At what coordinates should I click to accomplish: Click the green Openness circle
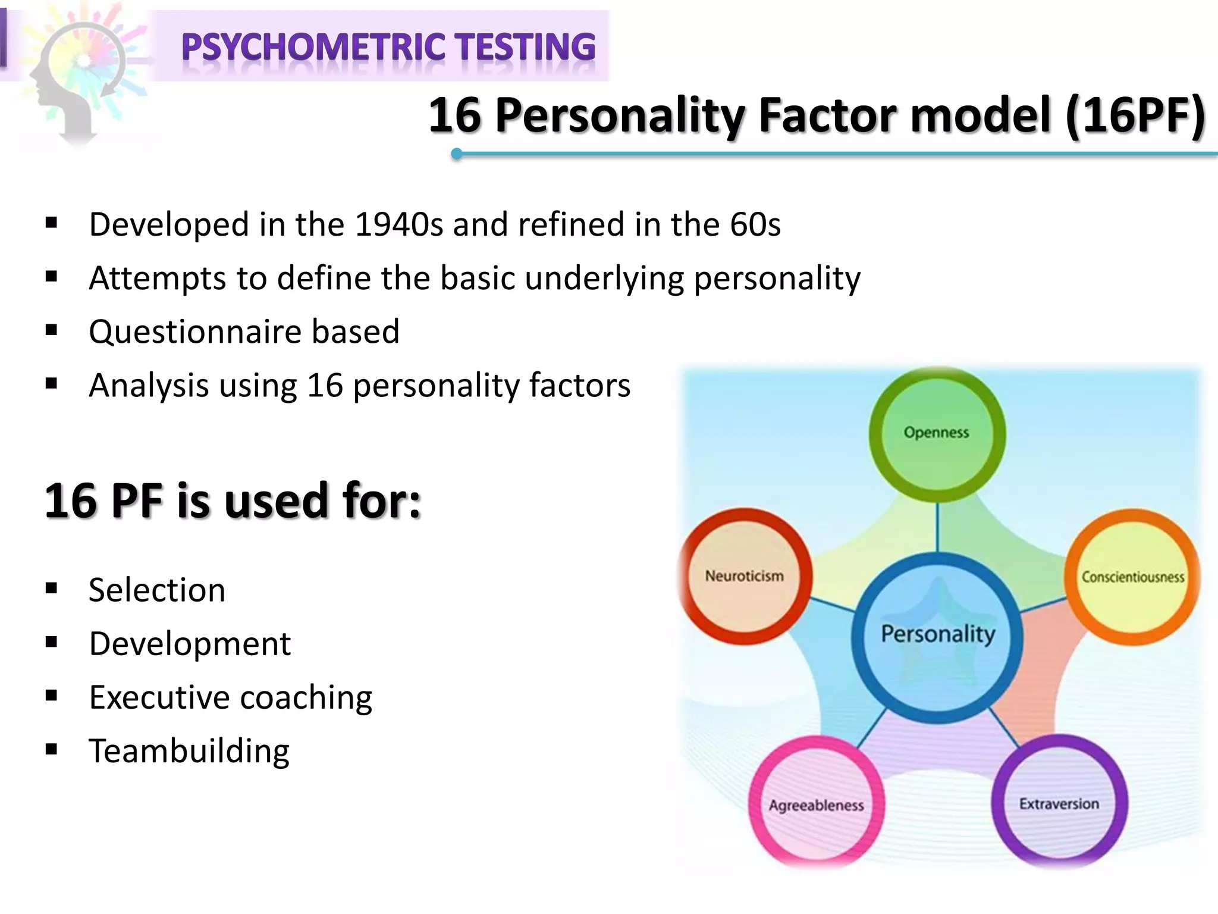[x=937, y=434]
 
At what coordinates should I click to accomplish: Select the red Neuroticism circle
[x=745, y=576]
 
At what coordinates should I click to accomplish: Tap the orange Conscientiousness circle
[x=1132, y=577]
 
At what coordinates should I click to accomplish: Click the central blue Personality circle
[x=937, y=637]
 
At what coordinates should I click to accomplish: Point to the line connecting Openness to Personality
[x=937, y=527]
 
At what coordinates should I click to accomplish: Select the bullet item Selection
[x=157, y=590]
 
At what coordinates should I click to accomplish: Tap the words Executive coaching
[x=230, y=697]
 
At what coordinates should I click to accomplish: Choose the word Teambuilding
[x=189, y=751]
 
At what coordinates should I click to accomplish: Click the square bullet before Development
[x=51, y=643]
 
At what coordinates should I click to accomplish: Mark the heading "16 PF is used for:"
[x=233, y=501]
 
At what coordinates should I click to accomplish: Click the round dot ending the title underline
[x=457, y=154]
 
